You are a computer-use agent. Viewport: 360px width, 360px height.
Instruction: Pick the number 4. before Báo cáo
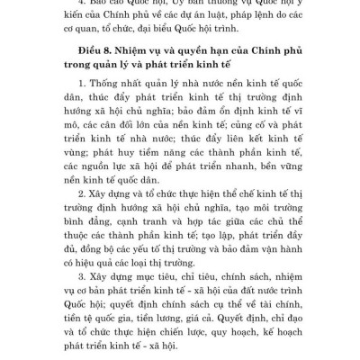(x=85, y=8)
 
